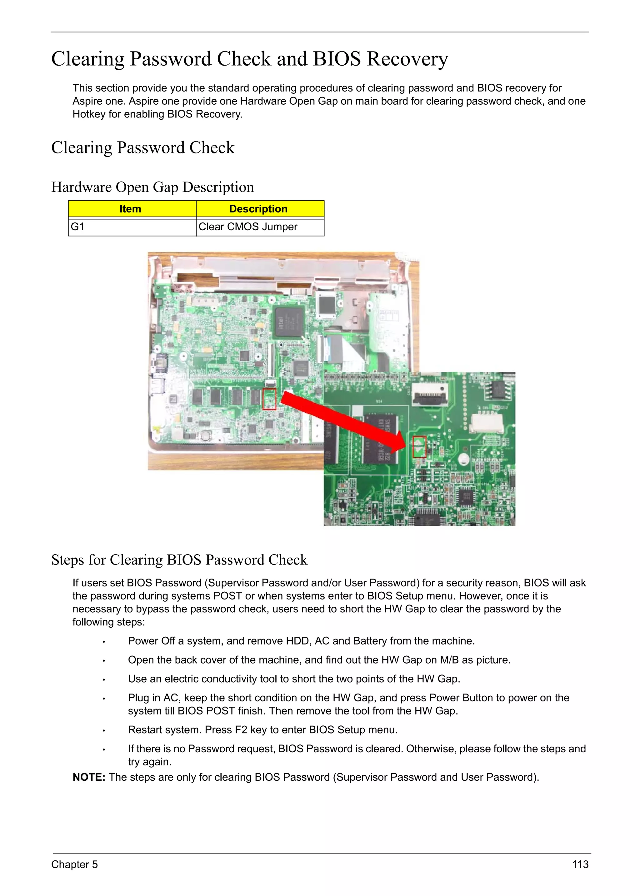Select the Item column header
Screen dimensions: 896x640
click(x=130, y=209)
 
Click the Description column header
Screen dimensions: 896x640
click(x=258, y=209)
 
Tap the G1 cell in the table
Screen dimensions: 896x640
click(x=77, y=227)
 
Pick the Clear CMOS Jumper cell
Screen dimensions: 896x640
click(x=248, y=227)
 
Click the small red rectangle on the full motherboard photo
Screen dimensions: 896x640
click(x=269, y=399)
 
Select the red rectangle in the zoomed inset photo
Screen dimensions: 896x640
click(x=419, y=447)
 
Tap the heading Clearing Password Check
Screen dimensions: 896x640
click(x=143, y=148)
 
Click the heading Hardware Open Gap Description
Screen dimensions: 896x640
click(x=152, y=187)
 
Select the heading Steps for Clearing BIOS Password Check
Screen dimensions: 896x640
click(x=179, y=560)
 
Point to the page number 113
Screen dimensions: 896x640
click(x=580, y=864)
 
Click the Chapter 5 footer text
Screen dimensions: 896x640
click(x=74, y=864)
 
